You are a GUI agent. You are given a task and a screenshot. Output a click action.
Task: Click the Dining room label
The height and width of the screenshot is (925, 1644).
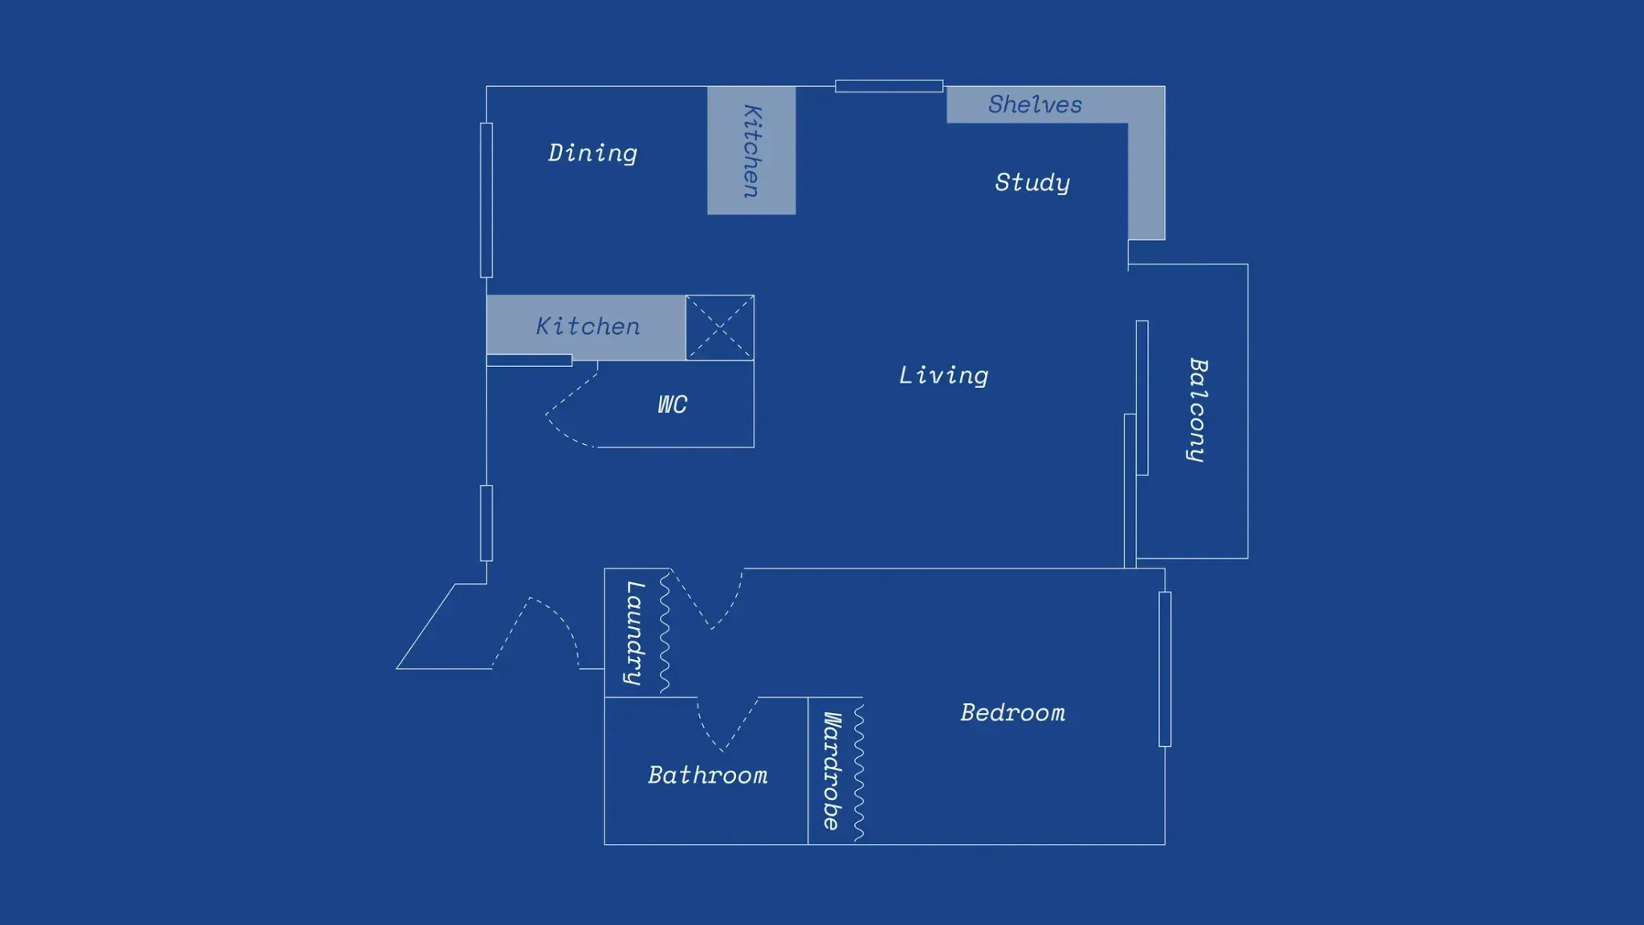[x=592, y=153]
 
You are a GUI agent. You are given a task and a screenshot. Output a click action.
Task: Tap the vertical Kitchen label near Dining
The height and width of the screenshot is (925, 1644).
[x=751, y=151]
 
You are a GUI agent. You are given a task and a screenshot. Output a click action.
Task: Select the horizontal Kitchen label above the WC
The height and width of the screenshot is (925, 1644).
[x=588, y=326]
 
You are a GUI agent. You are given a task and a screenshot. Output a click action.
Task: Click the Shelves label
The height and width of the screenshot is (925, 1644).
[x=1035, y=104]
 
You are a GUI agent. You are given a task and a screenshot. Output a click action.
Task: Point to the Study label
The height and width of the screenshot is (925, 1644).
[x=1032, y=182]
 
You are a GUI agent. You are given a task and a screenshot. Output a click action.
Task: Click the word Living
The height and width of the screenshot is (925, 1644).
[x=943, y=375]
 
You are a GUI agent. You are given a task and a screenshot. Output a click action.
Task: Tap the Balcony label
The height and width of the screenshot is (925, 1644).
[x=1197, y=410]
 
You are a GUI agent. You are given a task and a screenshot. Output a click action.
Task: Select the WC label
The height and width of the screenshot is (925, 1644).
[x=672, y=404]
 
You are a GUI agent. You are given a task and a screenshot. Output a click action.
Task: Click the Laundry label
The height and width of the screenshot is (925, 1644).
[x=635, y=633]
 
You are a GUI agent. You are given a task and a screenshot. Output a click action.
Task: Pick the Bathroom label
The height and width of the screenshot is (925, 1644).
[x=707, y=775]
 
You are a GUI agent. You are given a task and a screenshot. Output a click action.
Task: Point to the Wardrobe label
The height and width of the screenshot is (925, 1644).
[x=832, y=771]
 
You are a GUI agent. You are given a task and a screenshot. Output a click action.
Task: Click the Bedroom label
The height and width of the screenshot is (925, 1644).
[x=1012, y=712]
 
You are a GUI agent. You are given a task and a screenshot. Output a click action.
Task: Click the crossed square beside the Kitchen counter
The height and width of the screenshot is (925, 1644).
[x=719, y=328]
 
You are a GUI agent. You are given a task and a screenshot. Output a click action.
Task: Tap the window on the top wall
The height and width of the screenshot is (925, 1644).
[x=889, y=86]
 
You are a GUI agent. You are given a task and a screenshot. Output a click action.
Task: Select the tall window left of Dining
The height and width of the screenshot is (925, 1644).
[x=486, y=200]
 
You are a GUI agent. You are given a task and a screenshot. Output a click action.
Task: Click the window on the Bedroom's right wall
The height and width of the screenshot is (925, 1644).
[x=1165, y=669]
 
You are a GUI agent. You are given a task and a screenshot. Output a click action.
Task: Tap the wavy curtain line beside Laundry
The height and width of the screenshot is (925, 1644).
[x=665, y=633]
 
